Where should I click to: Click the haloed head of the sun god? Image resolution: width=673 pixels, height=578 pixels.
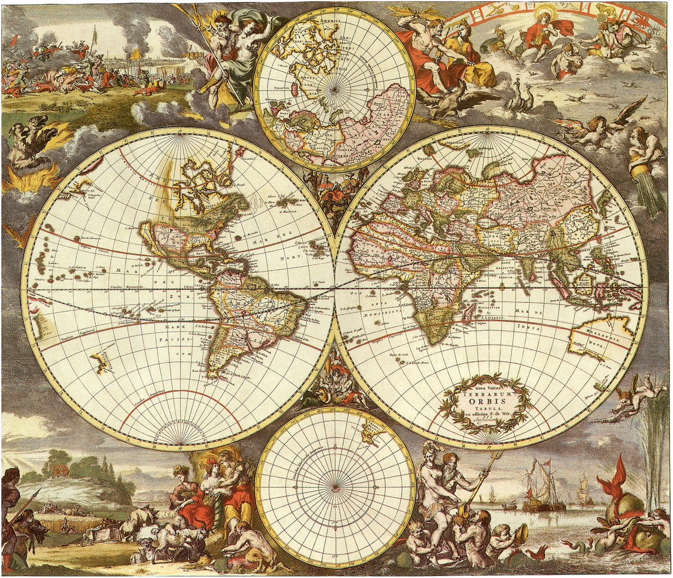coord(544,15)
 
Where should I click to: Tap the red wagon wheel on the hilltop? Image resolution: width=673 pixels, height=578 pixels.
coord(60,471)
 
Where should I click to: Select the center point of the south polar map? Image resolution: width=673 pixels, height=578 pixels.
coord(335,488)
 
